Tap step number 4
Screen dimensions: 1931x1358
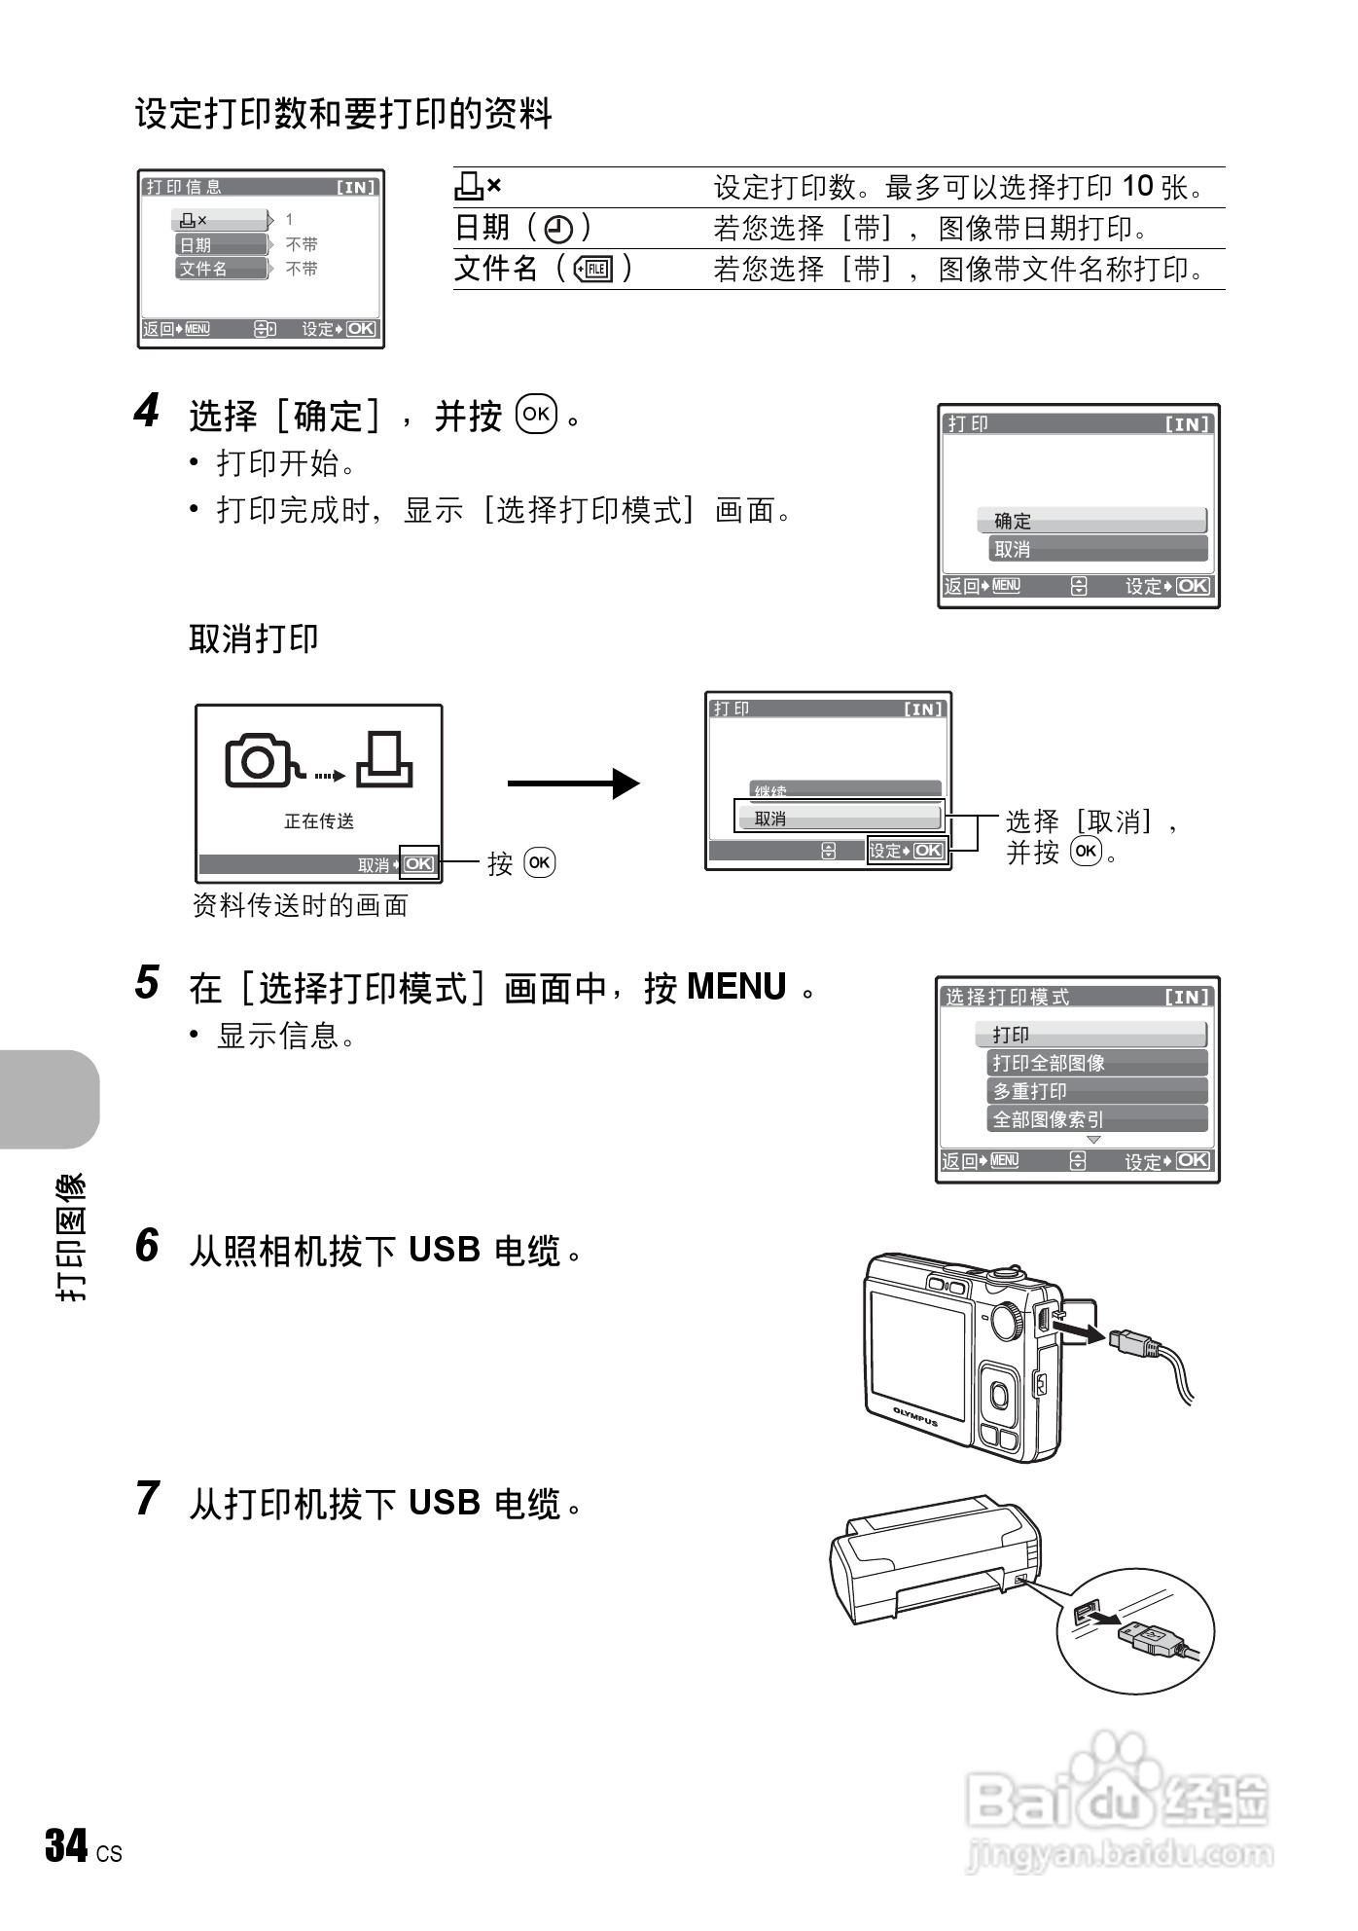pyautogui.click(x=146, y=413)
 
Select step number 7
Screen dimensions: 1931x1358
pyautogui.click(x=147, y=1499)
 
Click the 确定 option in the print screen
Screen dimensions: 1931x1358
pyautogui.click(x=1091, y=521)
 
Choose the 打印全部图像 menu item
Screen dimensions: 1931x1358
pyautogui.click(x=1096, y=1063)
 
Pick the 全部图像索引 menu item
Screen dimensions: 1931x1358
pyautogui.click(x=1096, y=1119)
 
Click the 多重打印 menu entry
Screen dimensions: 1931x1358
pyautogui.click(x=1096, y=1091)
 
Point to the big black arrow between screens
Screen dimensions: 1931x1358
pyautogui.click(x=573, y=783)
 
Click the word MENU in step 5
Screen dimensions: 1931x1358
pyautogui.click(x=736, y=987)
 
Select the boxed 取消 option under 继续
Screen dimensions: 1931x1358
pyautogui.click(x=839, y=819)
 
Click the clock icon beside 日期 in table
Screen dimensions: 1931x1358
pyautogui.click(x=557, y=230)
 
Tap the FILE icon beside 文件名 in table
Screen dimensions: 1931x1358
pyautogui.click(x=593, y=270)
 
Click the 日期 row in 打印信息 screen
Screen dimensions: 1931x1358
pyautogui.click(x=221, y=244)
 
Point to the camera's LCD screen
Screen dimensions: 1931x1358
pyautogui.click(x=916, y=1355)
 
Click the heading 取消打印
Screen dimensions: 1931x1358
pyautogui.click(x=254, y=639)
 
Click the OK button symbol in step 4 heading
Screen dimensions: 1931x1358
pyautogui.click(x=536, y=414)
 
